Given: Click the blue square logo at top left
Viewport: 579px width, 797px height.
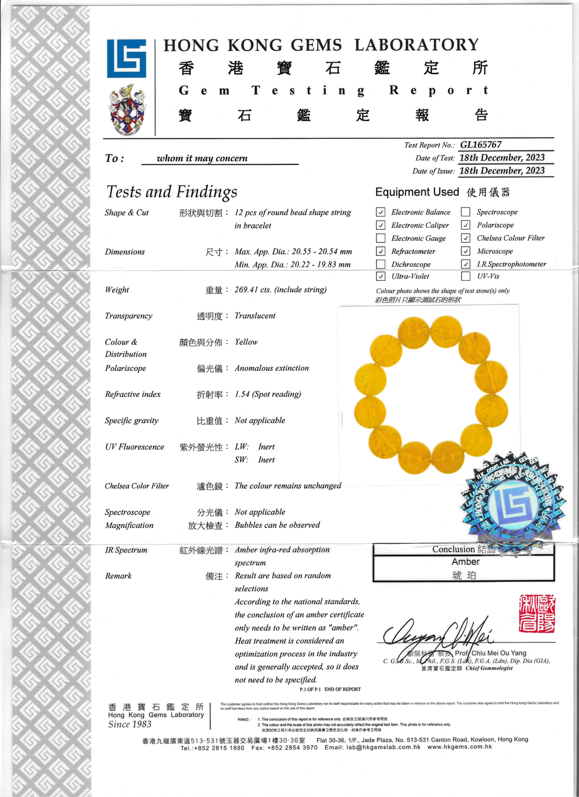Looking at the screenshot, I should click(127, 58).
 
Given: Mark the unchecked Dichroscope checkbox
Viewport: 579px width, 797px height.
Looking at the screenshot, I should click(380, 264).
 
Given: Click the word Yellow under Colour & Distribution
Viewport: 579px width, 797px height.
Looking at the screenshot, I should click(246, 342).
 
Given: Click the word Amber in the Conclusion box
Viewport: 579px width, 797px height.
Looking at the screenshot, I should click(465, 562).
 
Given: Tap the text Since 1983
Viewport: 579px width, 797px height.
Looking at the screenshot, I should click(130, 724).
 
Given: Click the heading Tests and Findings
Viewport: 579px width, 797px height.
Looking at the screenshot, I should click(172, 192).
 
